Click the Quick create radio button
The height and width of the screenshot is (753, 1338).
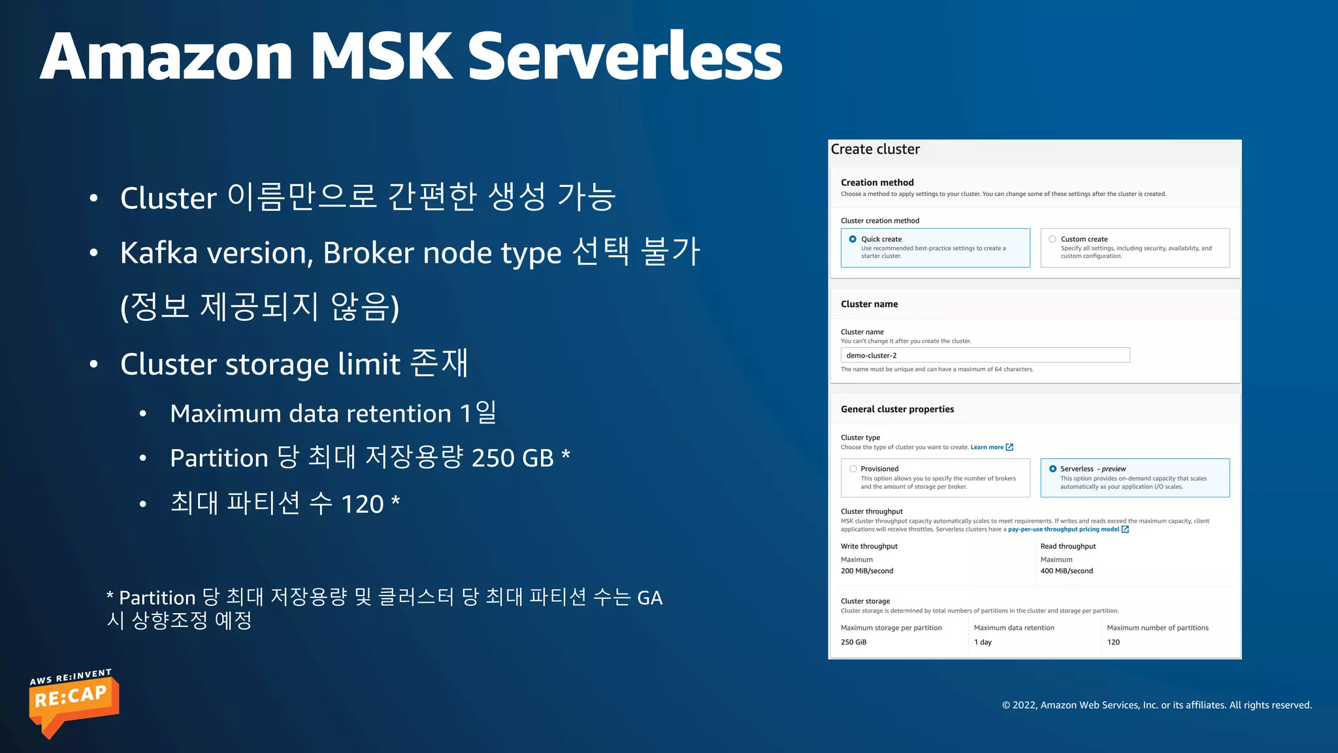853,239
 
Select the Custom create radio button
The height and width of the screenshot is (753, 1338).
1052,239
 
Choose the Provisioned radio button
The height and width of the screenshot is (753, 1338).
853,469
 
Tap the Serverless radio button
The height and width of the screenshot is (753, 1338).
1052,469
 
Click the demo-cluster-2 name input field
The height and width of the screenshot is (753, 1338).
985,355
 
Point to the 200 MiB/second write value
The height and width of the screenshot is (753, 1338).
867,571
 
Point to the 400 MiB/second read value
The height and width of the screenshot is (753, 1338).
1066,571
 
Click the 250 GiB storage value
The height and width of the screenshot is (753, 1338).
853,642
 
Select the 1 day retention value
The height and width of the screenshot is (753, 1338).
983,642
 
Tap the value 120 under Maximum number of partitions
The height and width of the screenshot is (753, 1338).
1113,642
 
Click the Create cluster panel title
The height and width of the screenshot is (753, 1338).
875,150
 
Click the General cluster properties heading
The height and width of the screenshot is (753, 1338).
897,409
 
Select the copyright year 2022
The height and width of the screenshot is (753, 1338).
1024,705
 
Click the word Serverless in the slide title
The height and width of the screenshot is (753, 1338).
625,57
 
